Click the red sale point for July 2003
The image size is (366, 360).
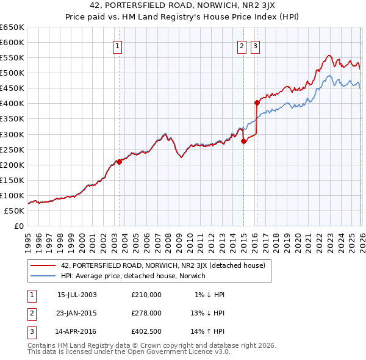pos(119,162)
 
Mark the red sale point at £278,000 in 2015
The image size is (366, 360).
pos(244,141)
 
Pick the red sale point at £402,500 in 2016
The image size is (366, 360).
pos(257,103)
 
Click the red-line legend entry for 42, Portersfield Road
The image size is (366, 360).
pos(163,265)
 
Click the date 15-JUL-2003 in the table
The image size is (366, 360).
pos(77,295)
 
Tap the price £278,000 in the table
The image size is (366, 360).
pos(146,312)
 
